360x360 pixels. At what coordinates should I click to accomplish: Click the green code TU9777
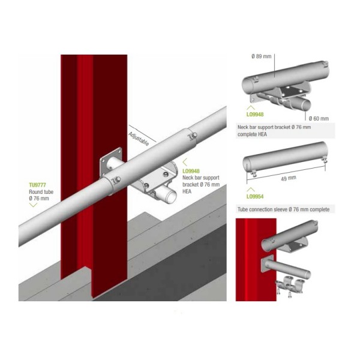click(37, 185)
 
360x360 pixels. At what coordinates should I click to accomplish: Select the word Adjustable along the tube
click(139, 139)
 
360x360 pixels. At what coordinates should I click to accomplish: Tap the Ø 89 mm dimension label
click(261, 56)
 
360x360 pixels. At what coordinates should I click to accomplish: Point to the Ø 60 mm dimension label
click(319, 118)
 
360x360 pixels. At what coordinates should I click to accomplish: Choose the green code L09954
click(255, 197)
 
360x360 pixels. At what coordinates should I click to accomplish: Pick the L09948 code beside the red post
click(191, 171)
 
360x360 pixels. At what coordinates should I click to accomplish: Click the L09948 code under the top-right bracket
click(255, 115)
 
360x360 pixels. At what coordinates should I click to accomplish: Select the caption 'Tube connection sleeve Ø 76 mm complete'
click(283, 209)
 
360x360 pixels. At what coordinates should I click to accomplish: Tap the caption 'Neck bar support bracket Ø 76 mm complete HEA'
click(274, 131)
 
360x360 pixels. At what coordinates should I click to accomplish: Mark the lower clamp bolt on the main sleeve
click(116, 179)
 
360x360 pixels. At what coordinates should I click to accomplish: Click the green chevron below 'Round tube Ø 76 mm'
click(33, 205)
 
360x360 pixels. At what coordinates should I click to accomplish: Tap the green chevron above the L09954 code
click(250, 190)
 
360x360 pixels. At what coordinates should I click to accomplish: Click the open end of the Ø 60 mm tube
click(305, 104)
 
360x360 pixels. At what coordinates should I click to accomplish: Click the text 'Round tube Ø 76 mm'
click(41, 195)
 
